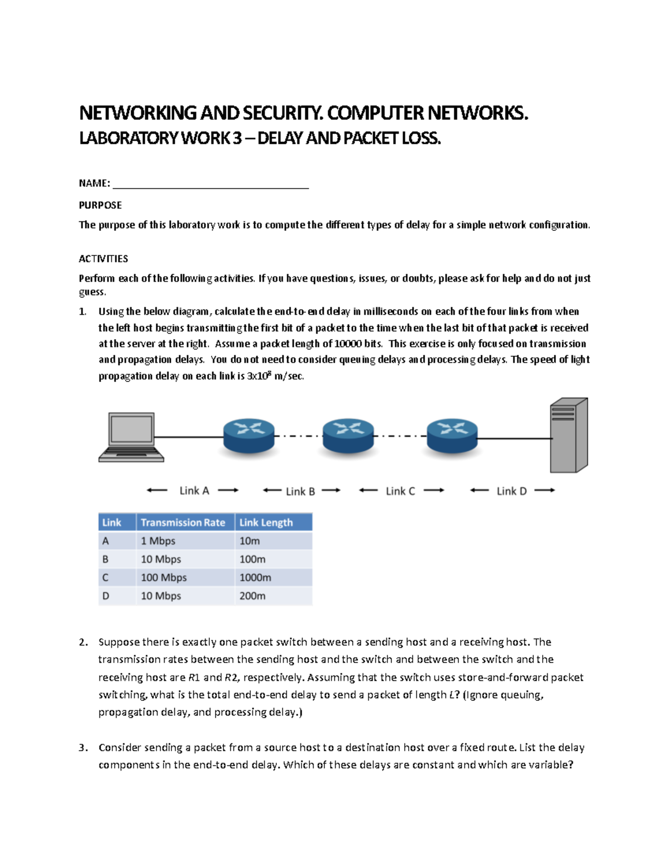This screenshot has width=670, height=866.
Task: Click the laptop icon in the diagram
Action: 131,437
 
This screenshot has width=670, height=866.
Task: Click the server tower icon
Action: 568,436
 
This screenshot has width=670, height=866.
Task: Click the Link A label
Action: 194,491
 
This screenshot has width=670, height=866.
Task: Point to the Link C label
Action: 400,491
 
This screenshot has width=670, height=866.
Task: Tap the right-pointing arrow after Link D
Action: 544,491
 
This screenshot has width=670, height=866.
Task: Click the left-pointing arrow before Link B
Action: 272,491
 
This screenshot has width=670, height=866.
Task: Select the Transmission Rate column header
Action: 183,522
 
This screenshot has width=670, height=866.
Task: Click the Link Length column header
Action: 266,522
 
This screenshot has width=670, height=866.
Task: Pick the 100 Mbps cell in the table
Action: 164,578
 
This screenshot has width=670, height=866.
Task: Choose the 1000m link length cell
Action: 255,578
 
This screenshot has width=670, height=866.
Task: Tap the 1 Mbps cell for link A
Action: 158,541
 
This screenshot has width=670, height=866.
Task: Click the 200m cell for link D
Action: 252,596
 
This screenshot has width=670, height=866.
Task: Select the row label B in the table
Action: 106,559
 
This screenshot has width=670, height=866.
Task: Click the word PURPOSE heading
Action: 100,205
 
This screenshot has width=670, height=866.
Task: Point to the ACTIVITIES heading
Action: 103,259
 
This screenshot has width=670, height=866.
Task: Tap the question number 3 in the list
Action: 83,748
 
